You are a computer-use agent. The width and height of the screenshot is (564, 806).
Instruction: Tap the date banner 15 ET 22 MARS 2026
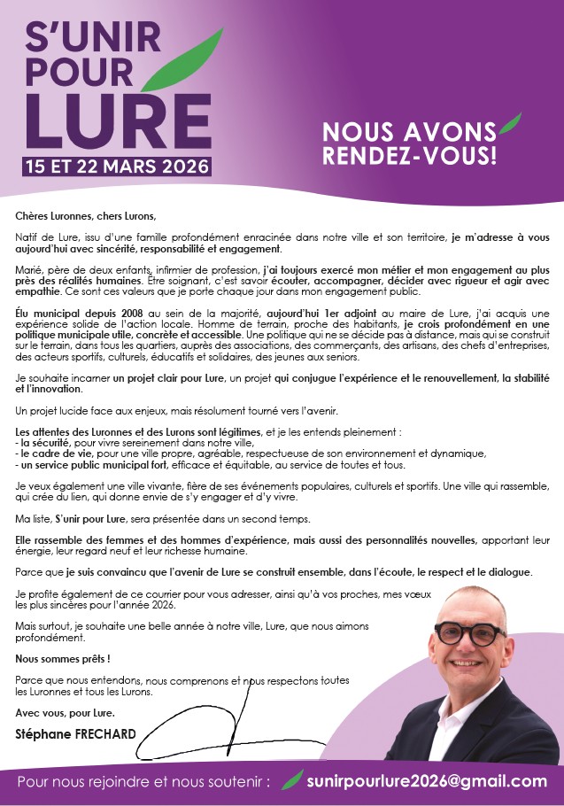(117, 166)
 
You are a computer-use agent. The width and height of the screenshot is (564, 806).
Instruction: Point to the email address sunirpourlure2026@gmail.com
(427, 781)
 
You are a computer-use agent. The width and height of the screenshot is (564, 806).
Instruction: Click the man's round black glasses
(468, 633)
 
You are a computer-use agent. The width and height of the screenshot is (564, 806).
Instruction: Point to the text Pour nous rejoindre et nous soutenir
(143, 782)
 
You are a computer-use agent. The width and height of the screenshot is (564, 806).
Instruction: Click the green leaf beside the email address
(292, 779)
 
